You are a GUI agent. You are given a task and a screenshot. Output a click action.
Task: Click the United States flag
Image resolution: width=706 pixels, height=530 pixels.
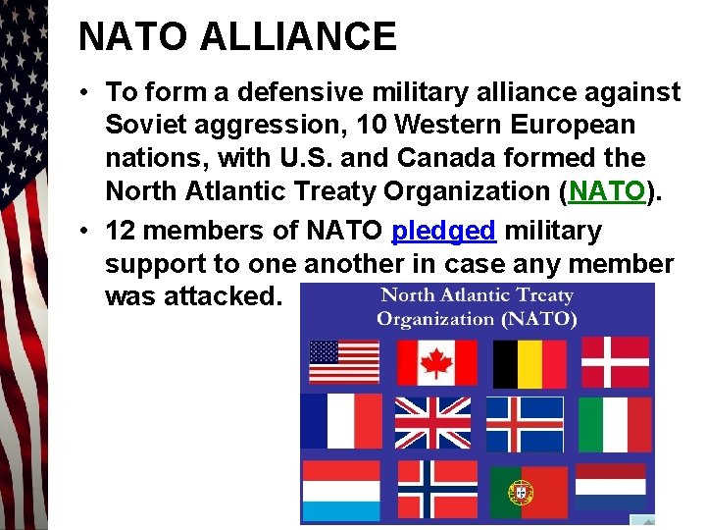(344, 361)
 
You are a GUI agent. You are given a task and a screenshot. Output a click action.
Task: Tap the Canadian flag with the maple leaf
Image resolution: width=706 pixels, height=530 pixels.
(436, 362)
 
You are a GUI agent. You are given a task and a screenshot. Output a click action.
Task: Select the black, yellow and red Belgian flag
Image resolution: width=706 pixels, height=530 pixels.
(529, 362)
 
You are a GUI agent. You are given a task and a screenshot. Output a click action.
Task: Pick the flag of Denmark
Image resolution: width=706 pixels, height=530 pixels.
(615, 361)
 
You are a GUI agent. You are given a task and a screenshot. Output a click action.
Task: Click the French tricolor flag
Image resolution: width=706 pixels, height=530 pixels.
(341, 421)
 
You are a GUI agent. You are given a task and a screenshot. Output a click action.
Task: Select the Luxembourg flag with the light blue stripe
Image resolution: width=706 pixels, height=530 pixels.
(340, 488)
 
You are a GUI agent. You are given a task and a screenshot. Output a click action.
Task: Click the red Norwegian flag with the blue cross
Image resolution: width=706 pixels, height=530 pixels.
(436, 488)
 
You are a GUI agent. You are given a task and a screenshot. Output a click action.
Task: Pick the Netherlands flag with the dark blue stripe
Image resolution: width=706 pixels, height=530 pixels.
(610, 486)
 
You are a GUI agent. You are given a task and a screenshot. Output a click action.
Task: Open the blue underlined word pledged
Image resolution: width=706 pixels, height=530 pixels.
(443, 231)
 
